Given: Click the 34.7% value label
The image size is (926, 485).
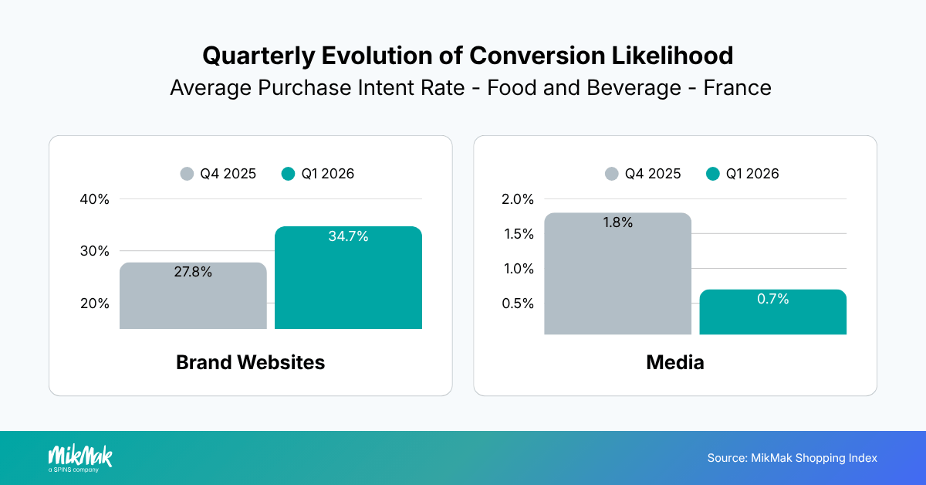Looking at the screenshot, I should pyautogui.click(x=348, y=237).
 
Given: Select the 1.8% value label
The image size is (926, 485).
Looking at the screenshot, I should pyautogui.click(x=617, y=223).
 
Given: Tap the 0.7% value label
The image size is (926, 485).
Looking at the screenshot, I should pyautogui.click(x=772, y=299).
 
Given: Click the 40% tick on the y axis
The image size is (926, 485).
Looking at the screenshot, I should pyautogui.click(x=94, y=199).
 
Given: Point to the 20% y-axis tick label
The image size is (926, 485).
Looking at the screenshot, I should pyautogui.click(x=94, y=304).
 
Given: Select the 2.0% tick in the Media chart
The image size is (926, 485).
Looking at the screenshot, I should pyautogui.click(x=518, y=199).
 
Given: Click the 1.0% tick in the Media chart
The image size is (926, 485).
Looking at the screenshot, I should pyautogui.click(x=518, y=269).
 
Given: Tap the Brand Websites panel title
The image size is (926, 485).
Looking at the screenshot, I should pyautogui.click(x=250, y=362).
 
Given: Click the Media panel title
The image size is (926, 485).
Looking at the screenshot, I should pyautogui.click(x=675, y=362).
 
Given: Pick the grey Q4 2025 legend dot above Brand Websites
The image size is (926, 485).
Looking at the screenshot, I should pyautogui.click(x=187, y=174).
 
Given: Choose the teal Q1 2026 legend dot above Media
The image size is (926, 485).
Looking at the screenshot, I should pyautogui.click(x=713, y=174).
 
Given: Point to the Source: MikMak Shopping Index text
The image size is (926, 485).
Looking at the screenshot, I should pyautogui.click(x=792, y=458).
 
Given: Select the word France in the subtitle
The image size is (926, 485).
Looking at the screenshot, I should pyautogui.click(x=737, y=87).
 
